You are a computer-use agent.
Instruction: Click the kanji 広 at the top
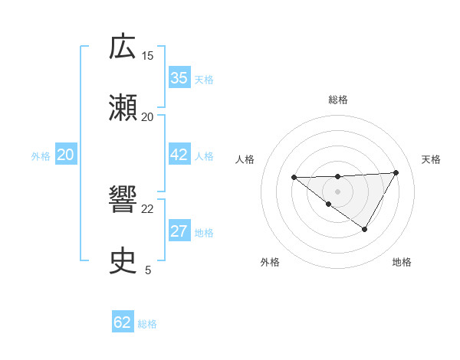(123, 48)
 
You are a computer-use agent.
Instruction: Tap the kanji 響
(123, 201)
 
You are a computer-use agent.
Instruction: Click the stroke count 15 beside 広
(148, 56)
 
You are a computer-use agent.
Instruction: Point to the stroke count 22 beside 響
(148, 208)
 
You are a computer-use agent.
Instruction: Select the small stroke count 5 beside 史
(148, 270)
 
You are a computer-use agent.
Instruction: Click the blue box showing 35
(179, 78)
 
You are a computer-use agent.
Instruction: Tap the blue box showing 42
(179, 155)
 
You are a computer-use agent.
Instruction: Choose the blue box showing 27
(179, 231)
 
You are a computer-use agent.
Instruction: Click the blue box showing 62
(123, 322)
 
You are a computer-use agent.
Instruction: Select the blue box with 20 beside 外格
(65, 155)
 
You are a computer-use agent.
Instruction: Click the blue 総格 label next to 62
(147, 324)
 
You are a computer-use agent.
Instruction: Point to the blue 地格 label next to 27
(204, 233)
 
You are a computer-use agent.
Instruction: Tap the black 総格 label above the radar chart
(337, 100)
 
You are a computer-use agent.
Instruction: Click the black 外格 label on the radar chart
(270, 262)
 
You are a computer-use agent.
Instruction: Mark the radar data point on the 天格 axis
(396, 172)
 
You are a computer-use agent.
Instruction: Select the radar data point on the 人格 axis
(294, 178)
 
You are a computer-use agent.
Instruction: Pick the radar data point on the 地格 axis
(365, 229)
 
